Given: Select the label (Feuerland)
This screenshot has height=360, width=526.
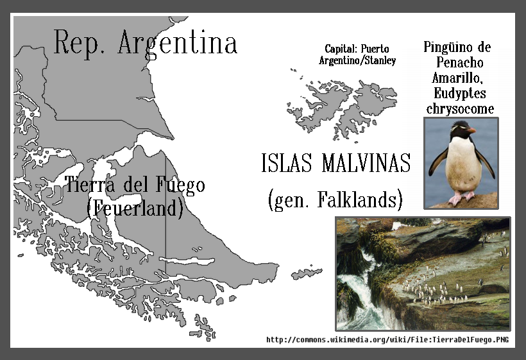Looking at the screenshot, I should (135, 207).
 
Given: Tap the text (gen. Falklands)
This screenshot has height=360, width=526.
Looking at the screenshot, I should (335, 200).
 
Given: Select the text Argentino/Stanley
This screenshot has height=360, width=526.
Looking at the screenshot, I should (357, 61).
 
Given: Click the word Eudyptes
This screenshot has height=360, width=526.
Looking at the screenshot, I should (461, 94).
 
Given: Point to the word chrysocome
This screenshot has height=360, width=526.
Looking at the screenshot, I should (461, 108).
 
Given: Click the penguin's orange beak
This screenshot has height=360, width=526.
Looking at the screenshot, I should (471, 130).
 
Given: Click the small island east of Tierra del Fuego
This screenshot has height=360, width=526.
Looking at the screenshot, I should (307, 273).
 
